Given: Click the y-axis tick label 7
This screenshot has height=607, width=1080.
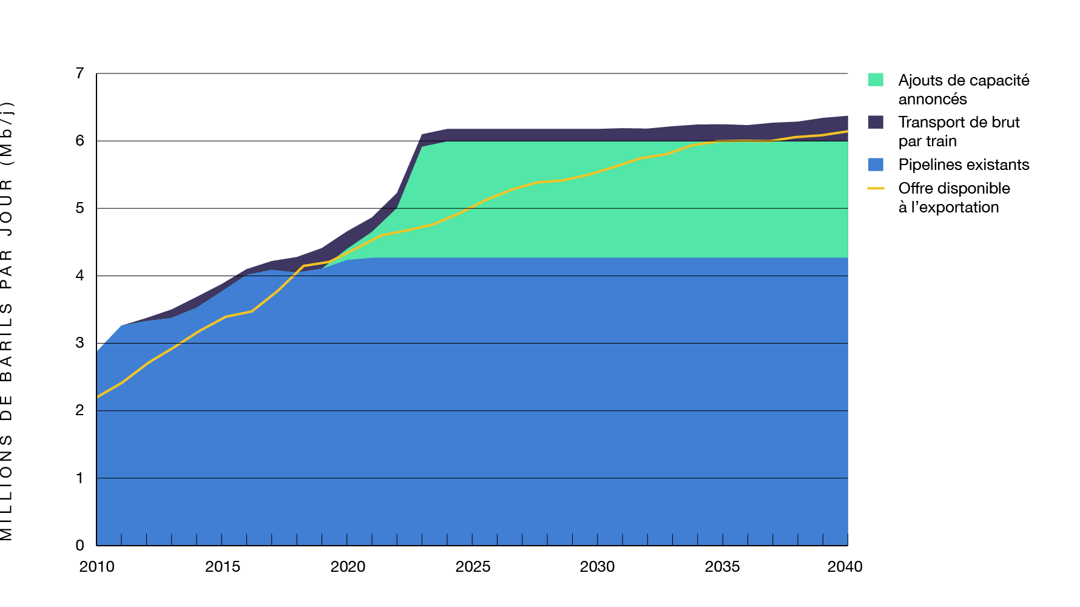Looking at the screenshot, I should (x=79, y=73).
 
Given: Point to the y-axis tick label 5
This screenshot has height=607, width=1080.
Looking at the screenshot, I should (x=79, y=208).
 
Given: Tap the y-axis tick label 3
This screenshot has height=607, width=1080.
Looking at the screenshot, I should (x=79, y=343).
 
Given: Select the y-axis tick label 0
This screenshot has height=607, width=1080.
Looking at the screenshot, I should (x=79, y=545).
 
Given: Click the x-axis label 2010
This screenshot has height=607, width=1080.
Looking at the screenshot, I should (x=96, y=566).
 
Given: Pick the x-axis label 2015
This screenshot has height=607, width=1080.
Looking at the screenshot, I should (x=222, y=566).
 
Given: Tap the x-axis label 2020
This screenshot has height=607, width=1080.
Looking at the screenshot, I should (x=348, y=566).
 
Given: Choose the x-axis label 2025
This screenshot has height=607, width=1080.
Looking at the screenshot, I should (x=473, y=566).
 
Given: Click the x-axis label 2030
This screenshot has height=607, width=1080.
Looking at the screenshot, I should (x=597, y=566).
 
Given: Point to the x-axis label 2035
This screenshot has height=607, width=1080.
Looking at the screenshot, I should (x=722, y=566).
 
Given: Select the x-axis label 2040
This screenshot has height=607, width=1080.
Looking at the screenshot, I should (x=845, y=566).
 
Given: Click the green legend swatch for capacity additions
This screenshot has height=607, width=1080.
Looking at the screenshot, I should (x=876, y=80).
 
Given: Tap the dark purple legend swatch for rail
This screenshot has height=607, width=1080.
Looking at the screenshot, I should (x=876, y=122).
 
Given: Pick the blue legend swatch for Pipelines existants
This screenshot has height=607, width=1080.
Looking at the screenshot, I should (x=876, y=164).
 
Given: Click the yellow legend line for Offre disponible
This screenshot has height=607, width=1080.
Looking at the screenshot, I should (x=876, y=188).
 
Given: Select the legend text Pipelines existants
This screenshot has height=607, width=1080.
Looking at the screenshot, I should (x=964, y=164).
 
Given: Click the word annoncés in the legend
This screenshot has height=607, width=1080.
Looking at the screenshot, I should (x=932, y=99).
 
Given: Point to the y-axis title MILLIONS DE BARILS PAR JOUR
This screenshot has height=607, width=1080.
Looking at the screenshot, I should (x=7, y=322).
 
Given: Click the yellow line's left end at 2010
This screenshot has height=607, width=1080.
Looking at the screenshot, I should (x=98, y=397).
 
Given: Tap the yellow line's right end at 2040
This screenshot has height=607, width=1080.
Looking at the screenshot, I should (x=846, y=131).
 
